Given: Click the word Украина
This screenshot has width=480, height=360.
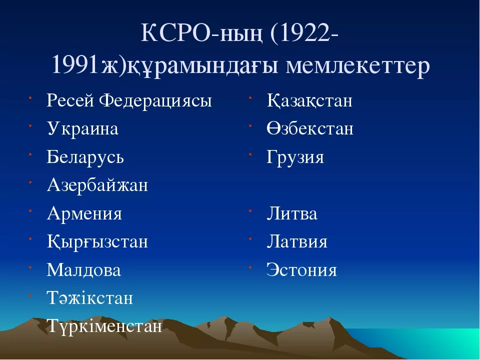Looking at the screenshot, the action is [82, 128].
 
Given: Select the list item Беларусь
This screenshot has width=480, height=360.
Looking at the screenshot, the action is [85, 156].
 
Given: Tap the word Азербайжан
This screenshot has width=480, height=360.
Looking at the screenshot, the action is [97, 185].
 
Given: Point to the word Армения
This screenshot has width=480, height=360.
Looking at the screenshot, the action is [84, 213].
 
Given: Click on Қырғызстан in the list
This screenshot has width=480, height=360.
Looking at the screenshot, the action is [97, 242].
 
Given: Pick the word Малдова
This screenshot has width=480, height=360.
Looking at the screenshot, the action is [84, 270].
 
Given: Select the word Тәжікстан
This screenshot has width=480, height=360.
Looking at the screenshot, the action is [90, 298].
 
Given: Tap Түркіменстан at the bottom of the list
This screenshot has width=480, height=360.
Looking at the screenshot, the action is [104, 326].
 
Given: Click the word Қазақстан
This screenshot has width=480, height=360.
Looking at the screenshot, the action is [309, 100].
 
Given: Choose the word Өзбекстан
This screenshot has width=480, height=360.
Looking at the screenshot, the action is [310, 128].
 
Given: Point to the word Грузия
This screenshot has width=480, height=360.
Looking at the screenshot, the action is [295, 157].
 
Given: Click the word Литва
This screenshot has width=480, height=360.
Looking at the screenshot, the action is [292, 213].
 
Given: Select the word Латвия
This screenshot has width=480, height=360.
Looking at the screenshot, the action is [297, 241].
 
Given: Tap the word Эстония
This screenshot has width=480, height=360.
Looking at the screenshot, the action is [301, 270].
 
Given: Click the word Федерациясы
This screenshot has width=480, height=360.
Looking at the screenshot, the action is [155, 101].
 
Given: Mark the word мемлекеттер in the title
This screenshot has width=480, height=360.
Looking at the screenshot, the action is [358, 65].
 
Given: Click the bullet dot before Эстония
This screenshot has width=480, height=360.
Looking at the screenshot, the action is [250, 267].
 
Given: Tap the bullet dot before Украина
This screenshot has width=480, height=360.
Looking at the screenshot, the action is [30, 125].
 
